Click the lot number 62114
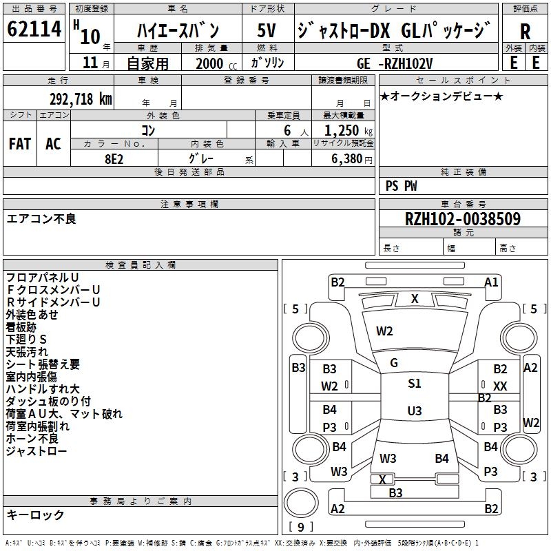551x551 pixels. click(x=34, y=31)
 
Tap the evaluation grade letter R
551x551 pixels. click(x=525, y=32)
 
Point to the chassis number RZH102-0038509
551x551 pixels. click(x=462, y=220)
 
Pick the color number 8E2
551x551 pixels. click(x=114, y=157)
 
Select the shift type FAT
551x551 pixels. click(x=19, y=144)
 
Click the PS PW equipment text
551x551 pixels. click(x=401, y=186)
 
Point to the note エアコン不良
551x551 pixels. click(x=41, y=219)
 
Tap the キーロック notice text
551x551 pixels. click(x=35, y=514)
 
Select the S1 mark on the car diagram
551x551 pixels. click(x=414, y=384)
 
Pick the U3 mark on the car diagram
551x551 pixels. click(x=414, y=411)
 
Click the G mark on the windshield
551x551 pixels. click(x=394, y=363)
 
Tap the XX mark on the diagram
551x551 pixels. click(x=500, y=386)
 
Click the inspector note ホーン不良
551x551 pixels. click(x=32, y=439)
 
